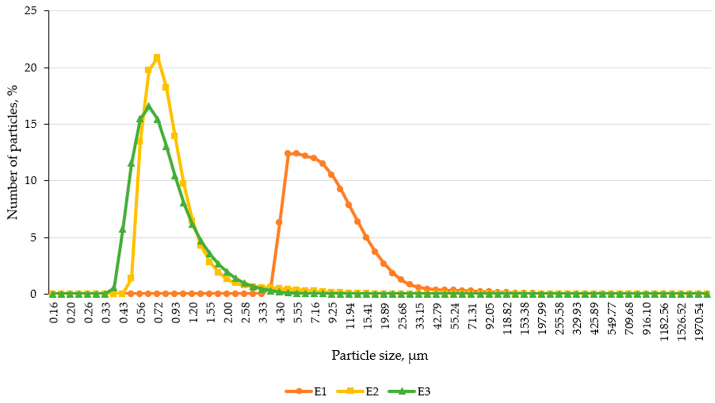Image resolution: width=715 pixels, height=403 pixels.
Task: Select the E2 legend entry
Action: (x=358, y=392)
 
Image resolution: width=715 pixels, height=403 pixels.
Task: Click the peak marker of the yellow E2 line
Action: (x=157, y=58)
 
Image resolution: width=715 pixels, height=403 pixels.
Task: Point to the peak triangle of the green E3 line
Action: (x=149, y=106)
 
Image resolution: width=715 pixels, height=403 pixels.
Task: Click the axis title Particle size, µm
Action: (x=380, y=355)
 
